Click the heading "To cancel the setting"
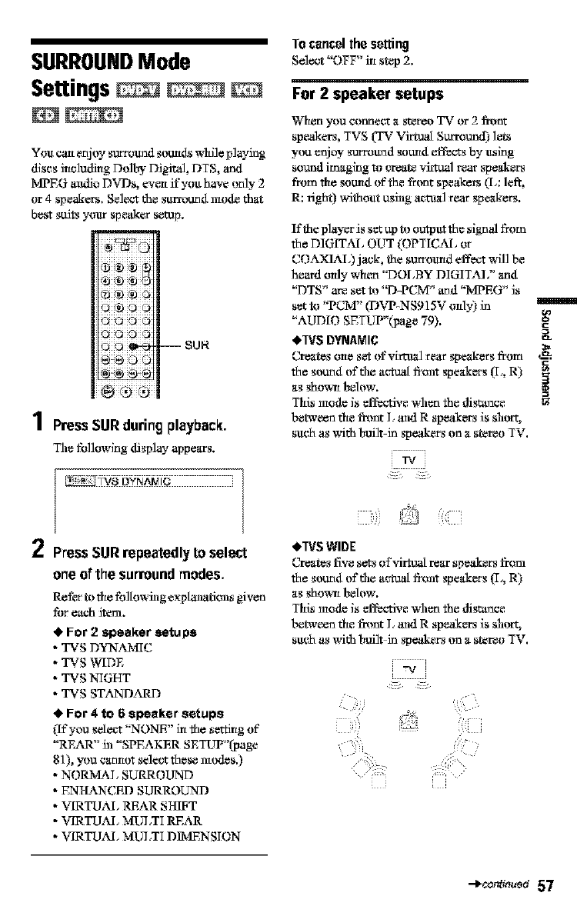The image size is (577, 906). point(349,44)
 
